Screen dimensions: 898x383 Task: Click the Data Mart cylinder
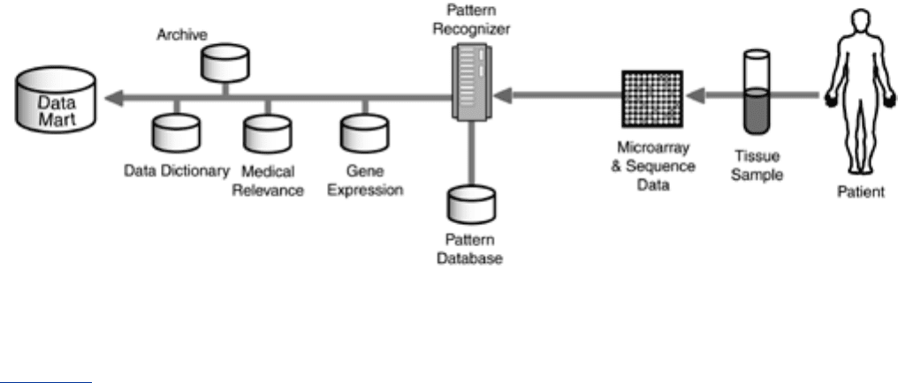pyautogui.click(x=56, y=100)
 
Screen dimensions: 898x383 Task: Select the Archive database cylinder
pyautogui.click(x=225, y=62)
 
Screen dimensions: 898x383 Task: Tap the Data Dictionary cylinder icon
pyautogui.click(x=176, y=132)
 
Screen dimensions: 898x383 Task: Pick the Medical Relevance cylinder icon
pyautogui.click(x=266, y=132)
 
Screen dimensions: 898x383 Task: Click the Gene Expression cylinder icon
pyautogui.click(x=364, y=132)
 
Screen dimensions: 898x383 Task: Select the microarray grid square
pyautogui.click(x=652, y=98)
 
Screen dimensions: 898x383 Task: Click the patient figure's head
pyautogui.click(x=860, y=21)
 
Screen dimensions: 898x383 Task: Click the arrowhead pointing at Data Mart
pyautogui.click(x=114, y=98)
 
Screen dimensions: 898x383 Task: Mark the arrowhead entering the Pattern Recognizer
pyautogui.click(x=503, y=95)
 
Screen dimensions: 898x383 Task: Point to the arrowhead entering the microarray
pyautogui.click(x=696, y=95)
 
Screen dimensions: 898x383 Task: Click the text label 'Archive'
pyautogui.click(x=181, y=35)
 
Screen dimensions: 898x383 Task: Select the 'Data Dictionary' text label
pyautogui.click(x=177, y=170)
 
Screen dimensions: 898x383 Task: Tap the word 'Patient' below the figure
pyautogui.click(x=861, y=192)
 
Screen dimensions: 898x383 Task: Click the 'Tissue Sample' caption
pyautogui.click(x=757, y=165)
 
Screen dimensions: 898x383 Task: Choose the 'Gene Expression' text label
pyautogui.click(x=365, y=180)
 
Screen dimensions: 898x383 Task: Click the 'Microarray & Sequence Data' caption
pyautogui.click(x=653, y=166)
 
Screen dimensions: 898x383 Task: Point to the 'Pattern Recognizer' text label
pyautogui.click(x=471, y=19)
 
